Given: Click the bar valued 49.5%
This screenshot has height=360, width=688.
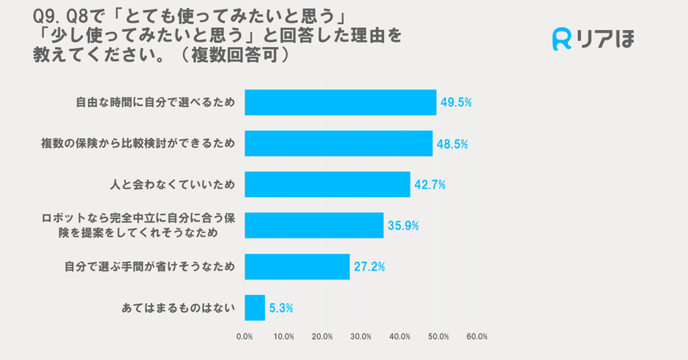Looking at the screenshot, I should coord(340,102).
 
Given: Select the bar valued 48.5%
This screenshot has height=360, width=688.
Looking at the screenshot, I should coord(338,143).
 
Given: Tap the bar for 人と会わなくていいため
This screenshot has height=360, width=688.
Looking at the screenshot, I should coord(327,184).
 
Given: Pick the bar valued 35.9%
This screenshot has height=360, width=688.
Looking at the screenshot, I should coord(314,225).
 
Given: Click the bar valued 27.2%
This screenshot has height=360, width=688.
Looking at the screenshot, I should coord(297,266).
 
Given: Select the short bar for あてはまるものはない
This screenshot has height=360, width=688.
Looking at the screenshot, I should coord(255,308).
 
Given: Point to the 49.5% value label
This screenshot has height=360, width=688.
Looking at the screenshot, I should coord(455,102).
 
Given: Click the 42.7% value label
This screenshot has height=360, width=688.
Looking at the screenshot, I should coord(430,185).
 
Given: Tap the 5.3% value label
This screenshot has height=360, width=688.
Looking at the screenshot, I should coord(281,309).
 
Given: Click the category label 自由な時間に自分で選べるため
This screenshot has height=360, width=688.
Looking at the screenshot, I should coord(155,103).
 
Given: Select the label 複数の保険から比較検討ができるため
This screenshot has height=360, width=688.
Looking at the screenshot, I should coord(138,144).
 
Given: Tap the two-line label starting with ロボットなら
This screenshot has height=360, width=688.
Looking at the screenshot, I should coord(139,225).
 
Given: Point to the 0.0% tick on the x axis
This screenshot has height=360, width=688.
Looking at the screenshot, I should coord(244,337).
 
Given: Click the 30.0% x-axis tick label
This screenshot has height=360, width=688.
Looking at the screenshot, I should coord(361,337).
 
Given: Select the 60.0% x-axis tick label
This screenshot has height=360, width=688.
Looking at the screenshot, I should coord(476,337).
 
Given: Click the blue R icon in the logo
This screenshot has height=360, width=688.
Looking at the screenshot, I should coord(561,39).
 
